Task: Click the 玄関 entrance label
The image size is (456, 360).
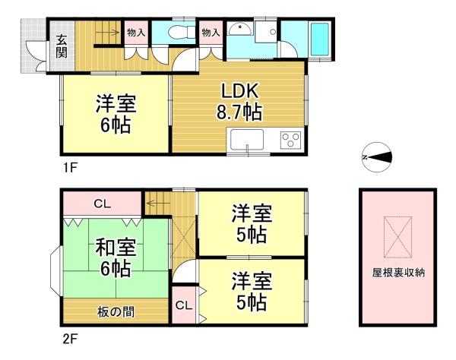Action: [x=62, y=46]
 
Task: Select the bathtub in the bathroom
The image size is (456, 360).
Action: [x=320, y=39]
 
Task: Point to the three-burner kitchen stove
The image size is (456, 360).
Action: [x=290, y=141]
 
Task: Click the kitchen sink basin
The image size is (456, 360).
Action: [x=247, y=140]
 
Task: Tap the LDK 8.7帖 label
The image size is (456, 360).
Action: [x=239, y=102]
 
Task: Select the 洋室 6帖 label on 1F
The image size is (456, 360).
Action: [x=116, y=114]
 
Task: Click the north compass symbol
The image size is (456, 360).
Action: [x=377, y=157]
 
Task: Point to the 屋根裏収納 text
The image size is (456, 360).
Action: [x=398, y=273]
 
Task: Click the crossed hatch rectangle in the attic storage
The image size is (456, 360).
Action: [x=397, y=237]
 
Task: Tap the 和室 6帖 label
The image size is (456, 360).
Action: [x=116, y=257]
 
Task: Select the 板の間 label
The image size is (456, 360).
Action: [x=116, y=312]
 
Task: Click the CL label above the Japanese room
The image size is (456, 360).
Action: [x=103, y=204]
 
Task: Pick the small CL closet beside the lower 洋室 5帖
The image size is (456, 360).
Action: [x=184, y=305]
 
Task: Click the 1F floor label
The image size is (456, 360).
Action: [x=71, y=168]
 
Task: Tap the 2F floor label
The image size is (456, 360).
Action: [x=71, y=339]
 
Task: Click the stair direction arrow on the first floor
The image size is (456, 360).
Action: [x=107, y=32]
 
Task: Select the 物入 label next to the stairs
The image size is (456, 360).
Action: [x=136, y=32]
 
